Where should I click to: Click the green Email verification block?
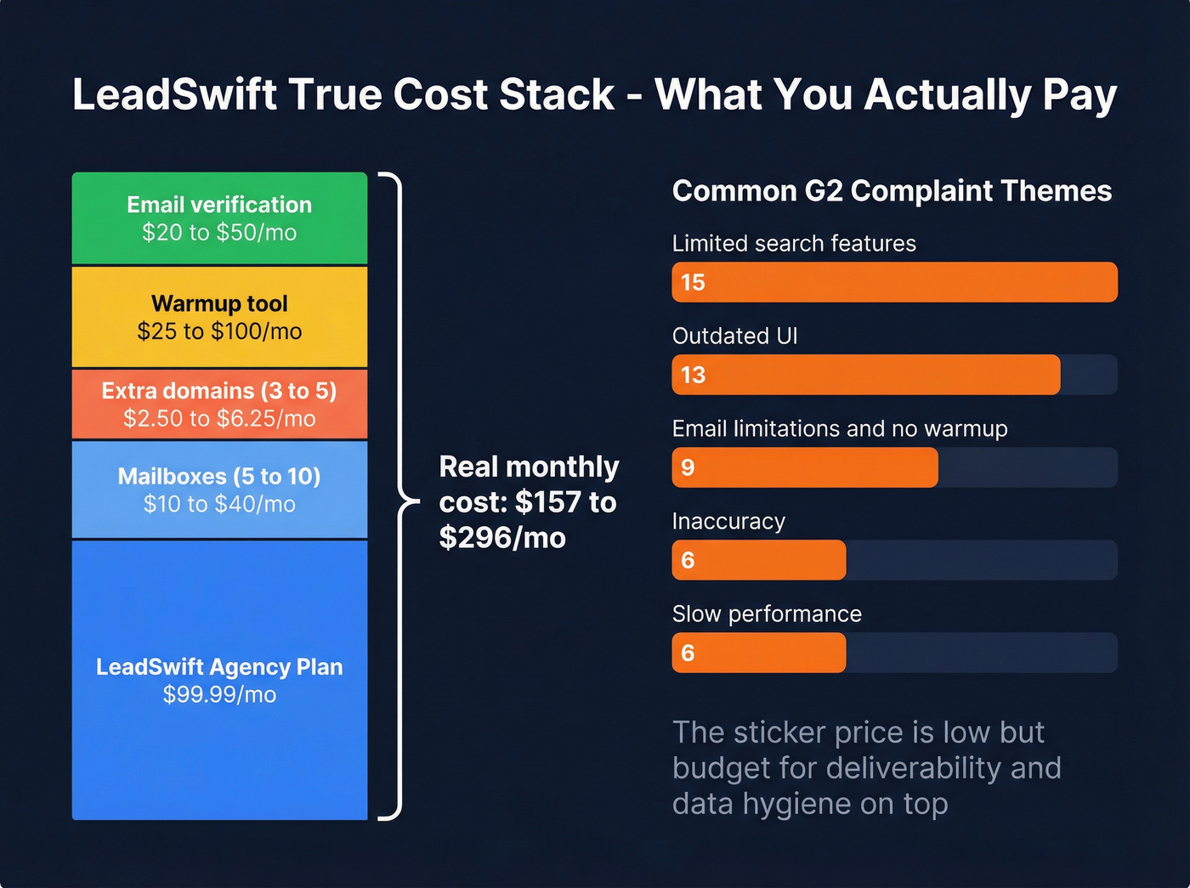(219, 218)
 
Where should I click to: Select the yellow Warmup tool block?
(219, 317)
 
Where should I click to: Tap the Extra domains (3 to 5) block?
(219, 404)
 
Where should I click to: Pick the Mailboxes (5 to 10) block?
(219, 489)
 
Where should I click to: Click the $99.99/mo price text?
(219, 694)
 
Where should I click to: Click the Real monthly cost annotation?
(529, 502)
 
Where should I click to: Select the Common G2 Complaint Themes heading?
(892, 191)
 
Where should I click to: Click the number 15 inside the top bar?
(693, 282)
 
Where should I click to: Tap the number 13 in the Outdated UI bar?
(693, 375)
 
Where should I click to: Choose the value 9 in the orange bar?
(688, 467)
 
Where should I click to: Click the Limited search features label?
(794, 244)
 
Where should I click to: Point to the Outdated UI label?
(734, 337)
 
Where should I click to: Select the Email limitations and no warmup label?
(839, 429)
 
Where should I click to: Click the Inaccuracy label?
(728, 522)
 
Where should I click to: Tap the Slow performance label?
(767, 614)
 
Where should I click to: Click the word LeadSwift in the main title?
(174, 94)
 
